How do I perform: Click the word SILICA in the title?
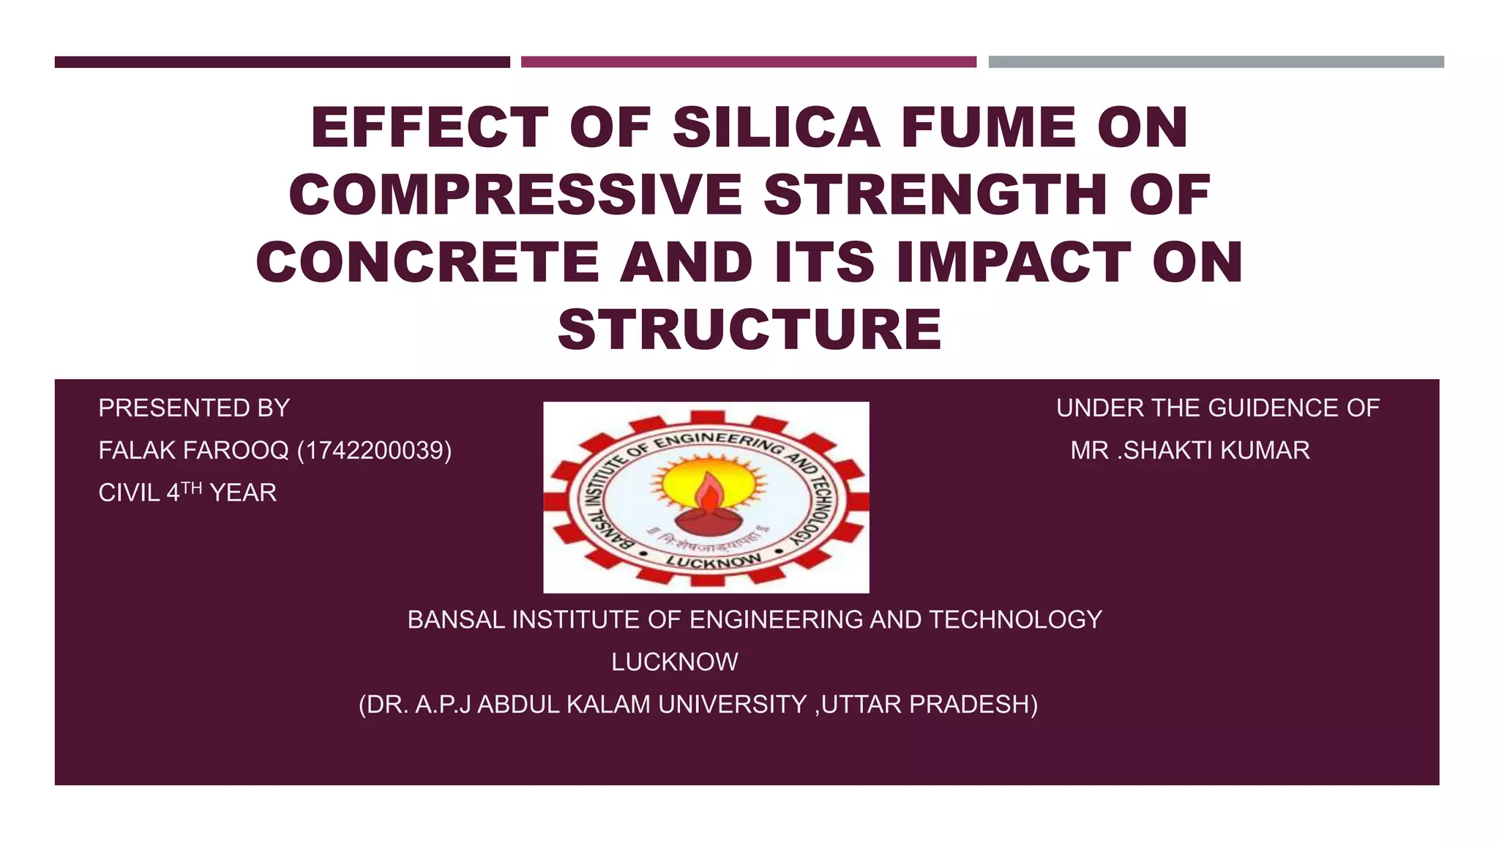pyautogui.click(x=776, y=128)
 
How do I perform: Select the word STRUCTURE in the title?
pyautogui.click(x=749, y=330)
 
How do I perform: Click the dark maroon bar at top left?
pyautogui.click(x=282, y=62)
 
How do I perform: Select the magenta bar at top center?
pyautogui.click(x=748, y=62)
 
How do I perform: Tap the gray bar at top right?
pyautogui.click(x=1216, y=62)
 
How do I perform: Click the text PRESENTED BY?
pyautogui.click(x=194, y=408)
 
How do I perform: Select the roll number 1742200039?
pyautogui.click(x=374, y=451)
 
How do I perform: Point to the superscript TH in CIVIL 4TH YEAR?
pyautogui.click(x=191, y=488)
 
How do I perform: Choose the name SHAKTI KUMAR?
pyautogui.click(x=1216, y=451)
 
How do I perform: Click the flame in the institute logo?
pyautogui.click(x=708, y=493)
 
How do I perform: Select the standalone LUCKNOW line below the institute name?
pyautogui.click(x=674, y=662)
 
